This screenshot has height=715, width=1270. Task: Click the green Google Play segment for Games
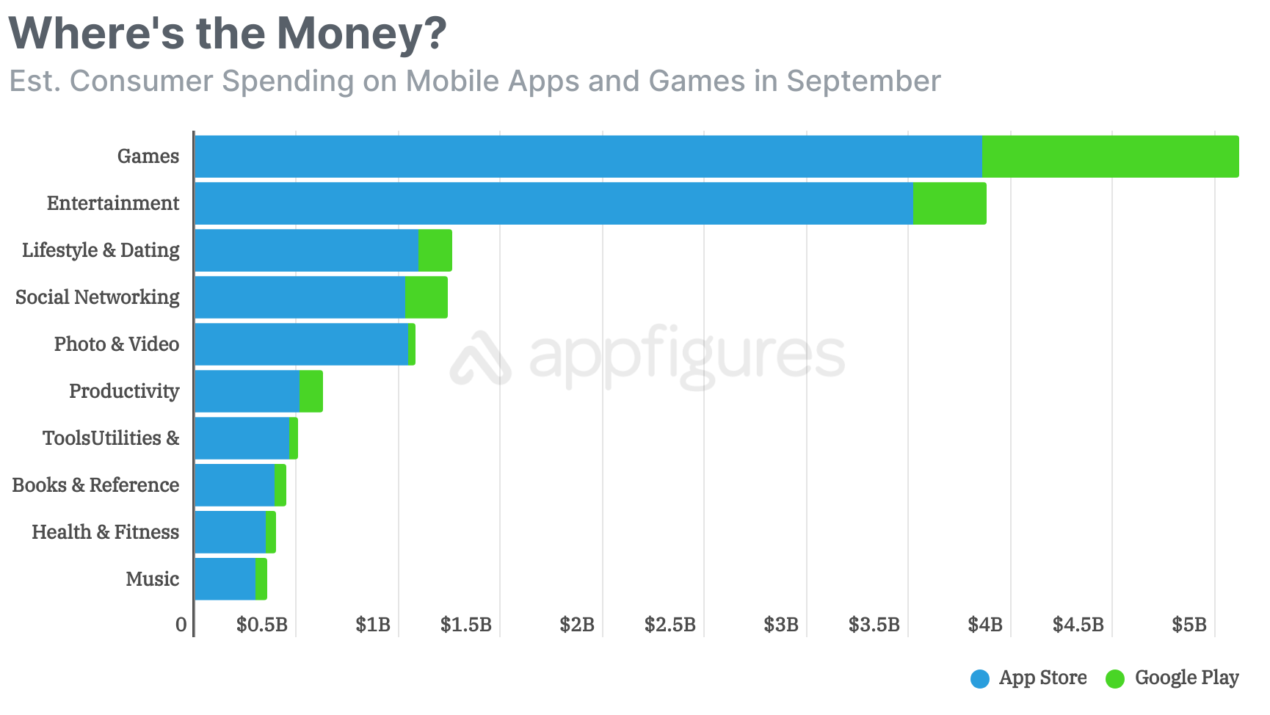point(1110,156)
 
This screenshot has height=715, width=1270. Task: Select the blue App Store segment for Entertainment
point(554,203)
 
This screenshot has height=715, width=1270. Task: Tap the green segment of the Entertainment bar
point(949,203)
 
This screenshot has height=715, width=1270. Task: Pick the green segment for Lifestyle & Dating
point(435,250)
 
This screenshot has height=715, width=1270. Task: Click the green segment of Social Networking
point(426,297)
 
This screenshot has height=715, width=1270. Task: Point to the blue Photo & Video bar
point(301,344)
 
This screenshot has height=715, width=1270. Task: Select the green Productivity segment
point(311,391)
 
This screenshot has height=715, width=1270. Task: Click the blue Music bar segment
point(225,579)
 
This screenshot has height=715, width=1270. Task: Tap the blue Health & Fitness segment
point(230,532)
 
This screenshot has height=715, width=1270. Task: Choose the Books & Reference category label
point(95,485)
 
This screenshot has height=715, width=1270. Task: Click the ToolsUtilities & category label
point(111,438)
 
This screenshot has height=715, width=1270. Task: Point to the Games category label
point(148,156)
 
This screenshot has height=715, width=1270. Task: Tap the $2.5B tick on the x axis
point(670,625)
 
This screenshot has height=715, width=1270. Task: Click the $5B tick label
point(1189,625)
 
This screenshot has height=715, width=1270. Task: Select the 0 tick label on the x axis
point(181,625)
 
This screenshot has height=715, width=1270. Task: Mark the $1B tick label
point(373,625)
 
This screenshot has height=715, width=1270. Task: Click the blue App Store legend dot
point(980,679)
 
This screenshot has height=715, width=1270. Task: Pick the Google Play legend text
point(1186,678)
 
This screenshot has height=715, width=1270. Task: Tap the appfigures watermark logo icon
point(481,359)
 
